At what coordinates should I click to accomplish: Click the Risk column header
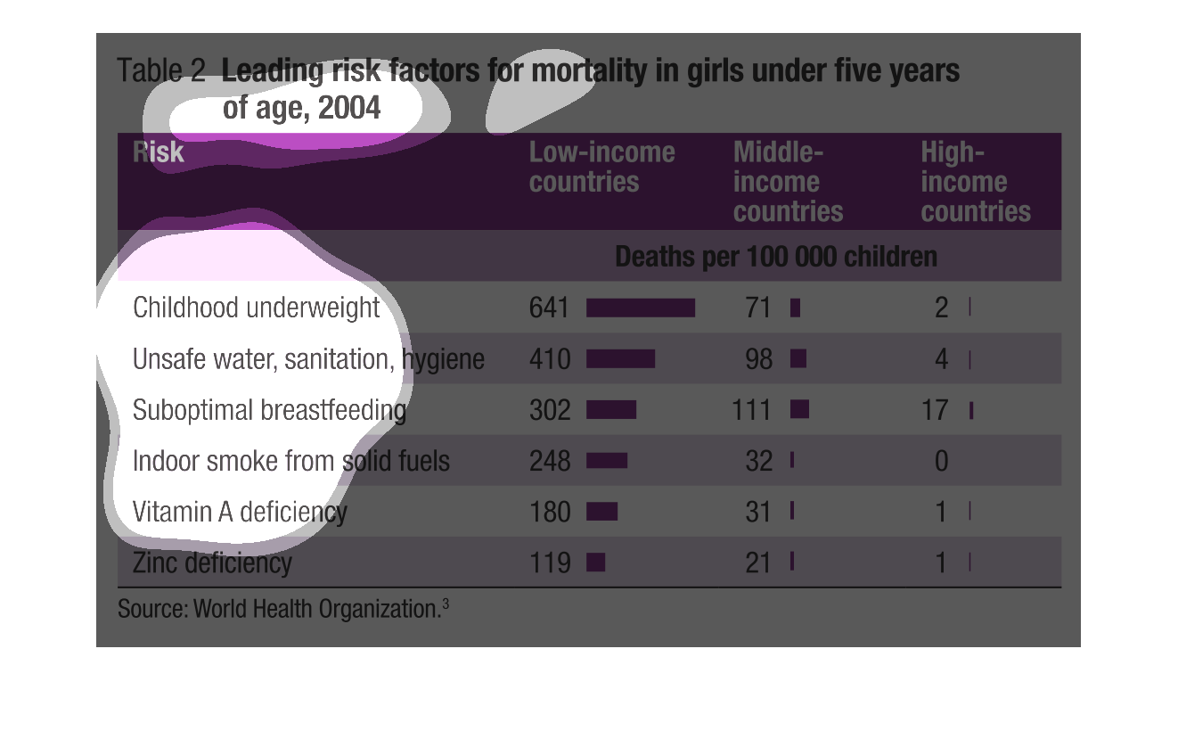pyautogui.click(x=159, y=152)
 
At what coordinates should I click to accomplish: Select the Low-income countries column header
pyautogui.click(x=601, y=167)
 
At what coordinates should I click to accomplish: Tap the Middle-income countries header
pyautogui.click(x=788, y=182)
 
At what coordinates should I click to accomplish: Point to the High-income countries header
pyautogui.click(x=975, y=182)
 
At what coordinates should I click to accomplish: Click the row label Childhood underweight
pyautogui.click(x=256, y=308)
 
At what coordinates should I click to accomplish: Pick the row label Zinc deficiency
pyautogui.click(x=211, y=563)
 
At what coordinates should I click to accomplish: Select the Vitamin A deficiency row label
pyautogui.click(x=239, y=512)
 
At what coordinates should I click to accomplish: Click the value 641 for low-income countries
pyautogui.click(x=549, y=308)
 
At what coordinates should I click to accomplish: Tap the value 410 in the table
pyautogui.click(x=549, y=359)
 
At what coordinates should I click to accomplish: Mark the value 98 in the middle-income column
pyautogui.click(x=757, y=359)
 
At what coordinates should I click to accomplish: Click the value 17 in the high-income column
pyautogui.click(x=935, y=410)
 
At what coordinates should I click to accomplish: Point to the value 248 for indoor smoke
pyautogui.click(x=549, y=461)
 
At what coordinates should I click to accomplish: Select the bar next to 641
pyautogui.click(x=640, y=308)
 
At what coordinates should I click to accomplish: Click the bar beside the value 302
pyautogui.click(x=611, y=410)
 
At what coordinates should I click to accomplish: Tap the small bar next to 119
pyautogui.click(x=596, y=563)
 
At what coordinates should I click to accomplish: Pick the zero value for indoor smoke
pyautogui.click(x=941, y=461)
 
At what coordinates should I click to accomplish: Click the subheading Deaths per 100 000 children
pyautogui.click(x=776, y=257)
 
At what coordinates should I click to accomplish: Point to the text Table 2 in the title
pyautogui.click(x=161, y=70)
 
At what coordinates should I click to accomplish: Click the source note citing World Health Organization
pyautogui.click(x=282, y=610)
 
